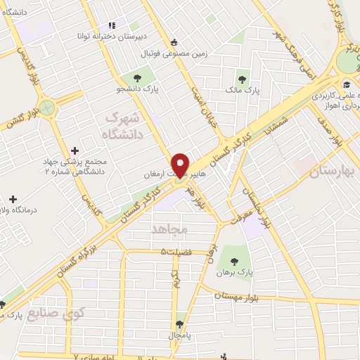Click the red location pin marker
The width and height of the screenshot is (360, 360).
click(x=180, y=162)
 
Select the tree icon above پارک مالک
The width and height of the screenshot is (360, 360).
click(x=243, y=79)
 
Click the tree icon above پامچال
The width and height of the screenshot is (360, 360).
click(x=181, y=324)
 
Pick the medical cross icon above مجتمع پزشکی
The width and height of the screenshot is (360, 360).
click(x=75, y=150)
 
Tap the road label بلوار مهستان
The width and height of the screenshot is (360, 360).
click(x=267, y=295)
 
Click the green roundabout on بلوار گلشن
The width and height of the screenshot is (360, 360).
click(x=48, y=108)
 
